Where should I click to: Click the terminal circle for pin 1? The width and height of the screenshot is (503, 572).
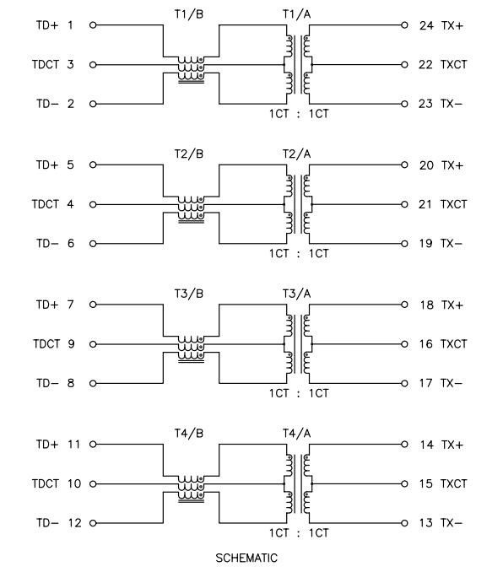pos(93,25)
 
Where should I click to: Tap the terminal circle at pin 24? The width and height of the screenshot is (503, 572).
pos(404,25)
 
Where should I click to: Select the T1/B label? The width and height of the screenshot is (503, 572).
pos(189,14)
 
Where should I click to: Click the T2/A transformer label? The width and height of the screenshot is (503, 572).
pos(296,154)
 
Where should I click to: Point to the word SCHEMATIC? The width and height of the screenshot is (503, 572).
pos(246,558)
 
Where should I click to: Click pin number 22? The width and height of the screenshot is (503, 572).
pos(425,65)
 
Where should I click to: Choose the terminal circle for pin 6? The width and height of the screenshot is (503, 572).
pos(93,244)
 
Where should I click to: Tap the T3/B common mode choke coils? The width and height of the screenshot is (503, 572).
pos(191,349)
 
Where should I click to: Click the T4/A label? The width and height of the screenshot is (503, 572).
pos(296,434)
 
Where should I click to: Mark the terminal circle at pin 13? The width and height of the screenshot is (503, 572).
pos(404,523)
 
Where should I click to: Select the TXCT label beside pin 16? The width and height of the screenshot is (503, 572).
pos(453,344)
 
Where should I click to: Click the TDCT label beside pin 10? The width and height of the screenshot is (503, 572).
pos(46,483)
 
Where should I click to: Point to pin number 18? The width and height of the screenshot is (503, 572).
pos(426,305)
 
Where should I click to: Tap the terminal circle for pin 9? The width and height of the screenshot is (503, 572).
pos(93,344)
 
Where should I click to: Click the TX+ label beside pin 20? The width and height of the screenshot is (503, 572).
pos(452,165)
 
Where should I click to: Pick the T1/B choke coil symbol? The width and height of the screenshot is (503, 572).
pos(191,70)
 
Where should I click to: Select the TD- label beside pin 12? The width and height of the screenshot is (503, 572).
pos(47,523)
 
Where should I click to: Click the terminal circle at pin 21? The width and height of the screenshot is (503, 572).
pos(404,205)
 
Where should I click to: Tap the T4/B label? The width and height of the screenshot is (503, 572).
pos(189,434)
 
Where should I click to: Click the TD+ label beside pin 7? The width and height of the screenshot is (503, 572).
pos(47,305)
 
